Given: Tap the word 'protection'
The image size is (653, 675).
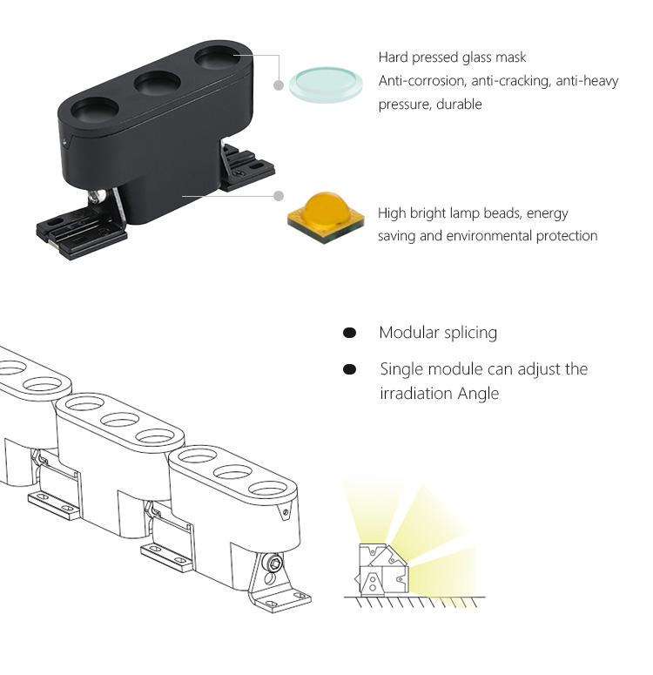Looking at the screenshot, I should (565, 236).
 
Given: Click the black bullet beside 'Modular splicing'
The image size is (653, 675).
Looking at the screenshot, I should (349, 333).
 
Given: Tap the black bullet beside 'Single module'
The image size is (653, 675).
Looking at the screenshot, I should (349, 369).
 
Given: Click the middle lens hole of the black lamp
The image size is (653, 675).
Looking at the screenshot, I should (157, 84).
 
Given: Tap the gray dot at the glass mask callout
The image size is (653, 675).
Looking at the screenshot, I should (279, 85).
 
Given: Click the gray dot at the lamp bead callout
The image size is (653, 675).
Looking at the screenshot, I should (279, 197).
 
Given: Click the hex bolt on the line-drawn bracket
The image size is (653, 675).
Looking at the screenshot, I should (275, 565).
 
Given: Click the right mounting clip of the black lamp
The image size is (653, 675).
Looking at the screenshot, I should (247, 167).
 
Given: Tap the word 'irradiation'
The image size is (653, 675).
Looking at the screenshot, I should (414, 393).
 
